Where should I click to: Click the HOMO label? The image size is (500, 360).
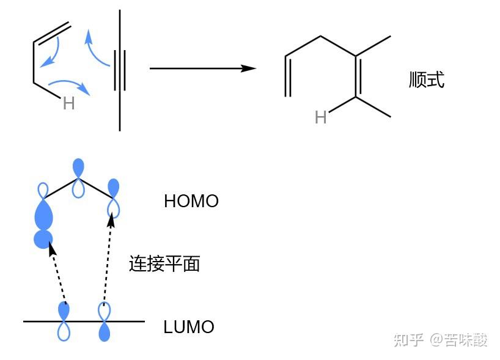(191, 201)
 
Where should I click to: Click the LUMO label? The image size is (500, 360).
(189, 327)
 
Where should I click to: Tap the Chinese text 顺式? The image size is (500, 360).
(427, 79)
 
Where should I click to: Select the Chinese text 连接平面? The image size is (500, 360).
(164, 263)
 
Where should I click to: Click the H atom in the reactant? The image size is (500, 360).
(69, 103)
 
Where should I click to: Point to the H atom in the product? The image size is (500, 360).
(320, 117)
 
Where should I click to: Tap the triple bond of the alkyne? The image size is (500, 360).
(120, 70)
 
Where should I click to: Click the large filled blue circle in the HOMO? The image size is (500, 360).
(43, 239)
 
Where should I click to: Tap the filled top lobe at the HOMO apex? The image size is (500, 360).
(78, 167)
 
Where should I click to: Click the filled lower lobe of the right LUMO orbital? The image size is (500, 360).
(105, 332)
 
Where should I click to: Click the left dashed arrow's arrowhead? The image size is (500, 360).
(52, 248)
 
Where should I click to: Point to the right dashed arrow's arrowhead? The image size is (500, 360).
(111, 221)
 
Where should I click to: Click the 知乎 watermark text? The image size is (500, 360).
(409, 340)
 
